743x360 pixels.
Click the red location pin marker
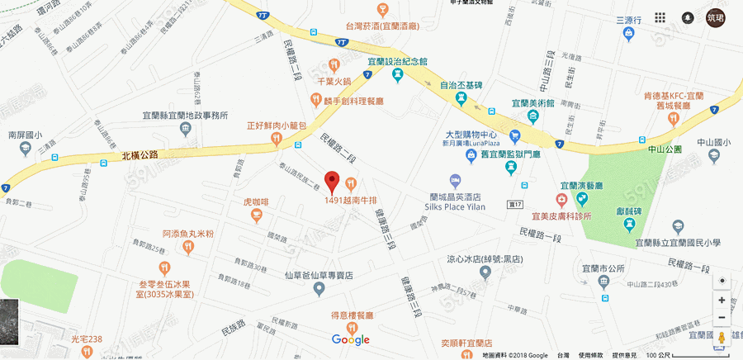click(332, 181)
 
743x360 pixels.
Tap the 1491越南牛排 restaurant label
click(356, 200)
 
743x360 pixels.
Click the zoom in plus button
click(722, 301)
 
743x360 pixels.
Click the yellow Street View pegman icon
click(722, 339)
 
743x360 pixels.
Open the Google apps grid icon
click(660, 17)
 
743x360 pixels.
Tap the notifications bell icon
click(687, 17)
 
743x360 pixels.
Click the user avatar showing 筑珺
click(716, 17)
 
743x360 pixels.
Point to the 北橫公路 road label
click(139, 154)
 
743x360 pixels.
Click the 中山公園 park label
click(665, 149)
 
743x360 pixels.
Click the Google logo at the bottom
click(351, 339)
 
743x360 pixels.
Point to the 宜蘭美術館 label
click(537, 103)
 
